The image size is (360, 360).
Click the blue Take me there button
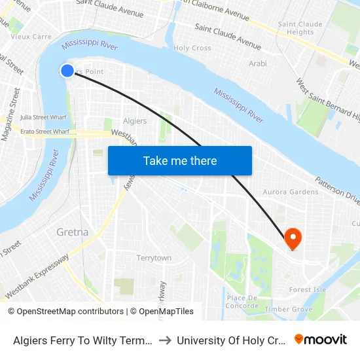[x=180, y=161]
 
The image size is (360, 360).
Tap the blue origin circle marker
[x=67, y=71]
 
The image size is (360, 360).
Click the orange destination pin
[x=293, y=238]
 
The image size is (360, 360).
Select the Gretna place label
[x=72, y=232]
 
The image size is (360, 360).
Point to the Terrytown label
[x=154, y=258]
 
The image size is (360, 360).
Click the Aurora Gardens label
[x=291, y=192]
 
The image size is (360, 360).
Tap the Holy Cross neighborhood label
[x=192, y=48]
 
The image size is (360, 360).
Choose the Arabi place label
[x=258, y=63]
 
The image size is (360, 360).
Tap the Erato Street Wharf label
[x=45, y=132]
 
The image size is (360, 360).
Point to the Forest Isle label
[x=308, y=289]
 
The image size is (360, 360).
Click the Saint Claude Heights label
[x=300, y=28]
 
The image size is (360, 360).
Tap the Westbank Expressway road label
[x=37, y=278]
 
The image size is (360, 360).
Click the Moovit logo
[x=321, y=339]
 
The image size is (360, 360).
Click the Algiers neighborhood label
[x=135, y=121]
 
